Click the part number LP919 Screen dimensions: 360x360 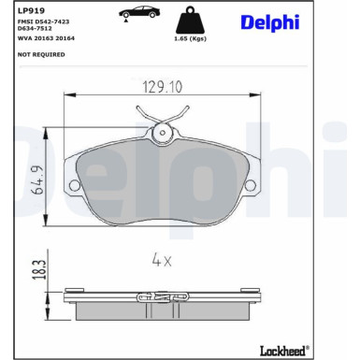pos(31,10)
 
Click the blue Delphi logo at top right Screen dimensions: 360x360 pos(270,22)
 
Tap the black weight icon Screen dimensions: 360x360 pos(190,20)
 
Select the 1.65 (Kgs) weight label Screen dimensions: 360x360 pos(190,39)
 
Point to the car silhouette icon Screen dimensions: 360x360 pos(139,12)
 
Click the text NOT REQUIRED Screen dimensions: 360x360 pos(41,54)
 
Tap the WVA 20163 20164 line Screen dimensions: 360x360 pos(46,38)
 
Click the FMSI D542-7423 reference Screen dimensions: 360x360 pos(43,22)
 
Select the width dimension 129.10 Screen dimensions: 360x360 pos(162,87)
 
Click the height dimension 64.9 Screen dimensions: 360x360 pos(39,180)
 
